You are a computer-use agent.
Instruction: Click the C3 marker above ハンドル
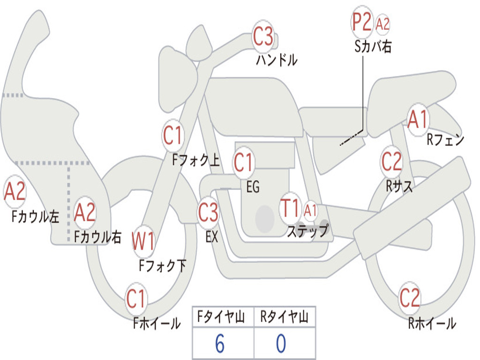[263, 37]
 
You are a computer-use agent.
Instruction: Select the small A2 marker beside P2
[383, 24]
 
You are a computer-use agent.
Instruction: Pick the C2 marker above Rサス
[392, 162]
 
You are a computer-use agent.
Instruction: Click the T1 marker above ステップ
[290, 209]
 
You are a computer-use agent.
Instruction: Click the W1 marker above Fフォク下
[143, 242]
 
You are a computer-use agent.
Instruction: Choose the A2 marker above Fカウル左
[15, 193]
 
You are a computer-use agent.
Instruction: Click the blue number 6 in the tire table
[219, 344]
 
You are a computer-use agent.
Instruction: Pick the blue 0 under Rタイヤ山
[281, 344]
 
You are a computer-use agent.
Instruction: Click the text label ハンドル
[277, 60]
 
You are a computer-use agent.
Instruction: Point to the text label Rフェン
[445, 140]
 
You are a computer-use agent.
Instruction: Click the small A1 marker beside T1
[310, 210]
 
